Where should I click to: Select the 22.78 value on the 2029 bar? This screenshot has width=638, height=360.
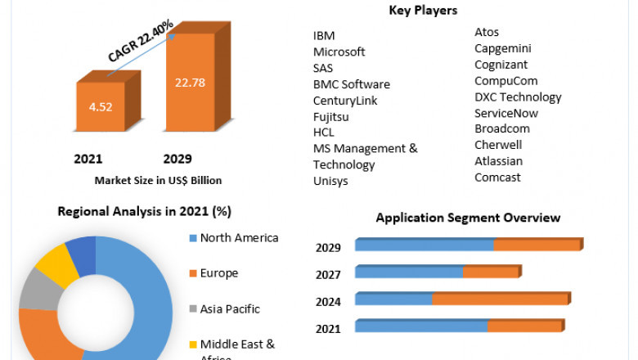coord(189,81)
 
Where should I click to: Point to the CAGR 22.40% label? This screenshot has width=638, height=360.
coord(140,42)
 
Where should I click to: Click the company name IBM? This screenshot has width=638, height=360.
coord(324,35)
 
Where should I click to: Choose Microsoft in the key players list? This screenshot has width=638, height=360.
coord(339,52)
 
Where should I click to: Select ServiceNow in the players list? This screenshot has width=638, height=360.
coord(506,113)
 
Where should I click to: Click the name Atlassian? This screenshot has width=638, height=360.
coord(498,161)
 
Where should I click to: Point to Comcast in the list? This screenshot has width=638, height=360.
coord(497,178)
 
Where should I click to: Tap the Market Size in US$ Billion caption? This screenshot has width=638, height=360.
coord(158,180)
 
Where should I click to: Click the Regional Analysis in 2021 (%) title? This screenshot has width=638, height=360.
coord(144,211)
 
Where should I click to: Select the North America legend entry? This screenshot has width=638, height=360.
coord(239,238)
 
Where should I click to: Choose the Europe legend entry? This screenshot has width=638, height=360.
coord(219,273)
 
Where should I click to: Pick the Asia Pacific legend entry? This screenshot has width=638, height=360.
coord(230,309)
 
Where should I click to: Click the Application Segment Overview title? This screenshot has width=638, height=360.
coord(468,218)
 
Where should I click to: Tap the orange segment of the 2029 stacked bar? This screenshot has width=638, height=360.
coord(537,245)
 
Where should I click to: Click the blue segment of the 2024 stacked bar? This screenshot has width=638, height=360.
coord(393,299)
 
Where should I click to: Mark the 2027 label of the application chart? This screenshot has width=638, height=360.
coord(328,274)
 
